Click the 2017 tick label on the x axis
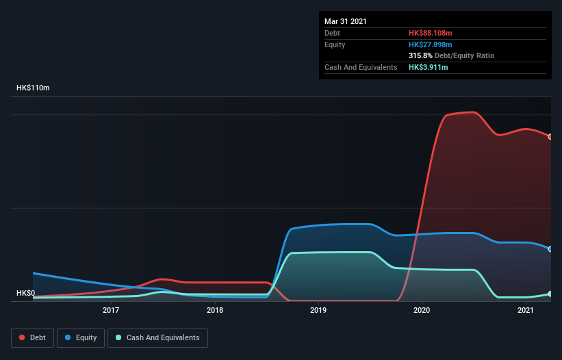[x=111, y=311]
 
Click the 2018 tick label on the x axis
[x=215, y=311]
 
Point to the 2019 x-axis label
[x=318, y=311]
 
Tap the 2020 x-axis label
[x=422, y=311]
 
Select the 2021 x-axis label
[x=526, y=311]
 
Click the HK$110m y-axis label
[x=33, y=88]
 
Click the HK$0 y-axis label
[x=25, y=294]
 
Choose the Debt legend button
[x=33, y=337]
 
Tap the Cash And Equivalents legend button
[x=157, y=337]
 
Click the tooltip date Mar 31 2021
[x=346, y=21]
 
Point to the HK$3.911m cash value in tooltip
[x=429, y=67]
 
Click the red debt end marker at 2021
[x=550, y=136]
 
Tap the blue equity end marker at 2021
[x=550, y=248]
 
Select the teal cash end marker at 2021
[x=550, y=294]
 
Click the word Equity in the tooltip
[x=335, y=44]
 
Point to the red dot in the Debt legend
[x=22, y=337]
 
